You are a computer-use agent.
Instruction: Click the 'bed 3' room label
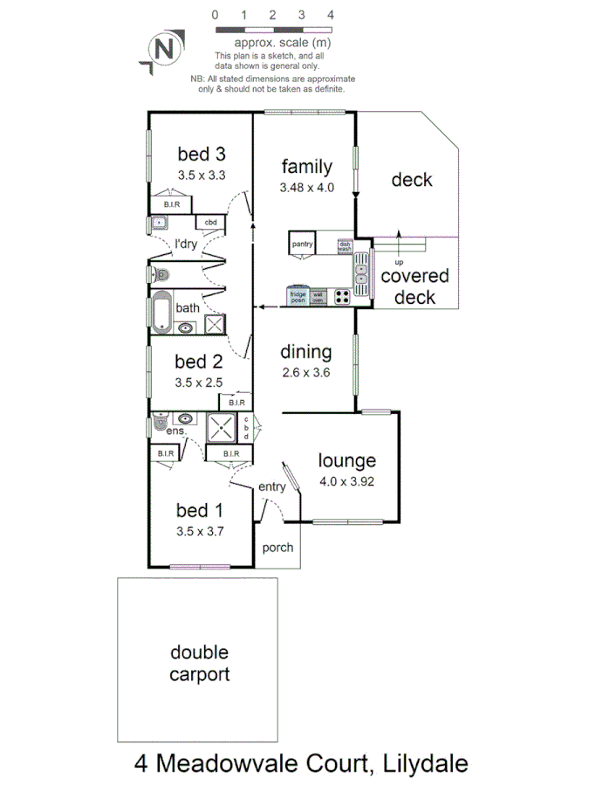coord(202,155)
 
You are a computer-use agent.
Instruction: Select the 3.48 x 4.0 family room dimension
coord(307,187)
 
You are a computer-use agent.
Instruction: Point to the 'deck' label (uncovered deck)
coord(412,180)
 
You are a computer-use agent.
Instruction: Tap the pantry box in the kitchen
coord(302,244)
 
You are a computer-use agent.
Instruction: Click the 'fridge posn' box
coord(298,296)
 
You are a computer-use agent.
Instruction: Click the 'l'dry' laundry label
coord(186,244)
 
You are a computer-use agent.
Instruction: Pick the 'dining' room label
coord(305,352)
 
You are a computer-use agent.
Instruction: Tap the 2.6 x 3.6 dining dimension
coord(305,373)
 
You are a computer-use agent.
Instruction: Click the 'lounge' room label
coord(346,460)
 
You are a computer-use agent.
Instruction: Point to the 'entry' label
coord(271,486)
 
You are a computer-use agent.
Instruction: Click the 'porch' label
coord(278,548)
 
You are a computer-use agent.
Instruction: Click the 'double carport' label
coord(199,663)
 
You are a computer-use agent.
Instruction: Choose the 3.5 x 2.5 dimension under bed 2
coord(200,382)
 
